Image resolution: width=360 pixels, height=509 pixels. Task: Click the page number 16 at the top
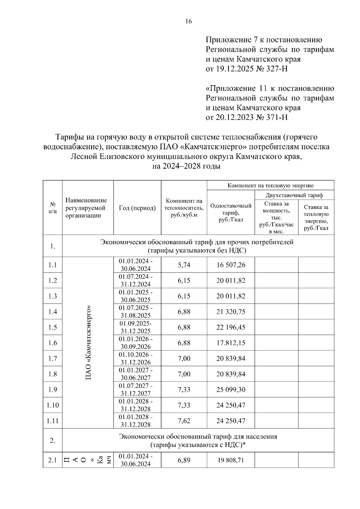click(x=188, y=21)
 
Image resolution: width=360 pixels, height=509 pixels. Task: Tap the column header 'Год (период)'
click(x=137, y=208)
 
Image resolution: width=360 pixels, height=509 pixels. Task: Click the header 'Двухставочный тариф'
click(x=294, y=195)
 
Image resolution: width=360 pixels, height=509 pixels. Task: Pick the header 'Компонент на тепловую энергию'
click(x=270, y=185)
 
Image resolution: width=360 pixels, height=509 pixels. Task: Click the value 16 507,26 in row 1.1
click(x=231, y=265)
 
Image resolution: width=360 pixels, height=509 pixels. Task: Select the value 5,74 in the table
click(x=184, y=265)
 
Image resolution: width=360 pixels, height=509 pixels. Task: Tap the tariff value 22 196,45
click(x=231, y=327)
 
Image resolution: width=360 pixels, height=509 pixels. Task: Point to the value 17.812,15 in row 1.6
click(x=231, y=343)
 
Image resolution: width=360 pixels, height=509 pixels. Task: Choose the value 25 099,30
click(x=231, y=390)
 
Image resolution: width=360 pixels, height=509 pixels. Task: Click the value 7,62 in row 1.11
click(x=184, y=421)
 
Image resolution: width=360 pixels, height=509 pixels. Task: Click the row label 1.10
click(x=52, y=405)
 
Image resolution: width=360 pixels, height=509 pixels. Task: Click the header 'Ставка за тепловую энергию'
click(x=316, y=217)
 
